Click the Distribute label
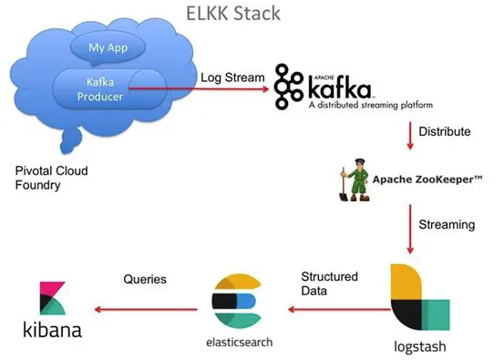pos(445,131)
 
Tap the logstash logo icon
pos(418,296)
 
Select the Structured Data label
pos(329,283)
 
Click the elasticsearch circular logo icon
pos(236,301)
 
